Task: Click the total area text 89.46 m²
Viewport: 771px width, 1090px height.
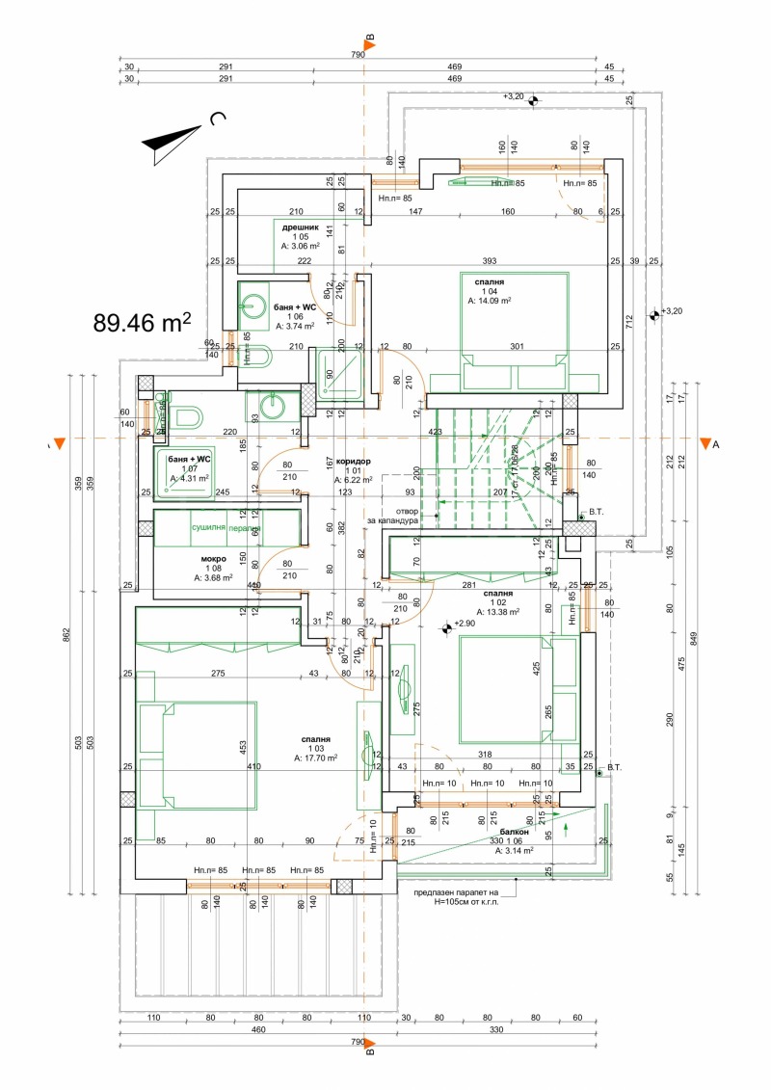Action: click(x=142, y=322)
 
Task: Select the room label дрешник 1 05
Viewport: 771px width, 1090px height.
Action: click(x=300, y=236)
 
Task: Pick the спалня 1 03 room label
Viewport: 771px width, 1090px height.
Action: click(x=315, y=748)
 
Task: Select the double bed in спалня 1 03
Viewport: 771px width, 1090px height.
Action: click(x=199, y=756)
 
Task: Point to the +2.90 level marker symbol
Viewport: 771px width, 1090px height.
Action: click(x=447, y=627)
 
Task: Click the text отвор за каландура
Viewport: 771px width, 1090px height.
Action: click(x=392, y=516)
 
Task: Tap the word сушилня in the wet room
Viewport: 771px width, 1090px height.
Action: click(x=207, y=528)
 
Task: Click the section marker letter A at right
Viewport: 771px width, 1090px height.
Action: click(x=715, y=444)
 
